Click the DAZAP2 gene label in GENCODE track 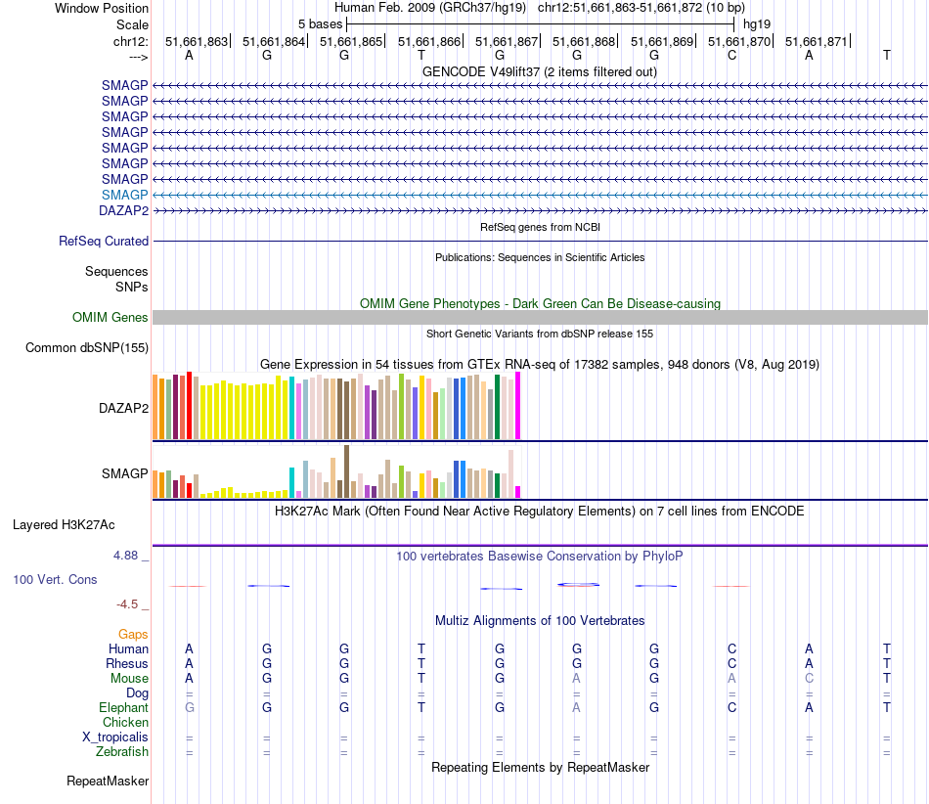123,210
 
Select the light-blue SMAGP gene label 124,195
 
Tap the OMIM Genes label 111,317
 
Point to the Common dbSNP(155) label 87,347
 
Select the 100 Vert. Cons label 55,579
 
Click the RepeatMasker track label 108,782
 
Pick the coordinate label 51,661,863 196,41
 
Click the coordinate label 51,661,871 816,41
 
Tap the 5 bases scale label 320,23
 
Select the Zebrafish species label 122,752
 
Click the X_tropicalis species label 115,737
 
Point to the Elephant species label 123,707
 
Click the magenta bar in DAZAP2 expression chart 518,406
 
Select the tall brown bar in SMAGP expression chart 346,471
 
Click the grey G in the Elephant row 190,707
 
